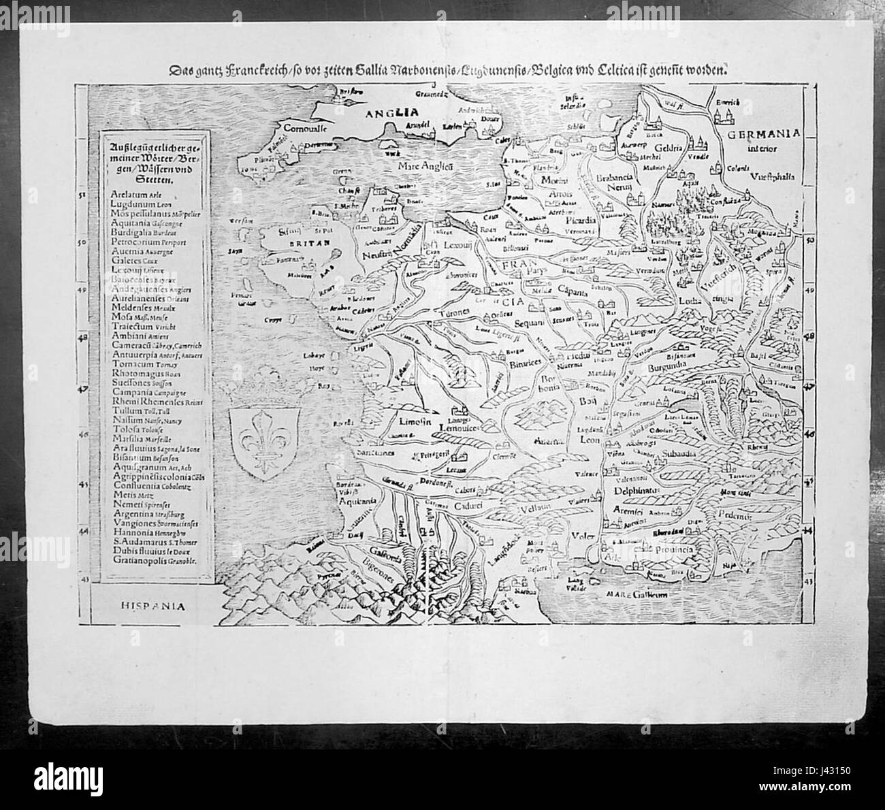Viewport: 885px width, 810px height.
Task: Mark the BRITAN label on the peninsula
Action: pyautogui.click(x=287, y=242)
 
